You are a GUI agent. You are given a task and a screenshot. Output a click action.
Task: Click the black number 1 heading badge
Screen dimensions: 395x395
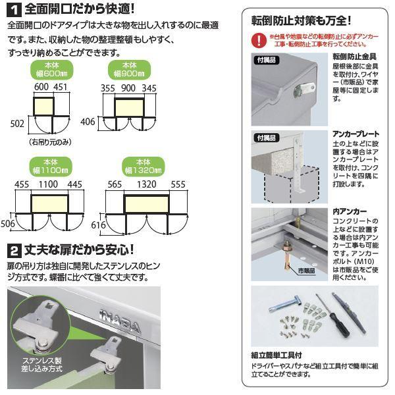tap(14, 9)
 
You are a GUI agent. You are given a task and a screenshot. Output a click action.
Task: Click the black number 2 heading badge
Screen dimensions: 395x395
tap(14, 250)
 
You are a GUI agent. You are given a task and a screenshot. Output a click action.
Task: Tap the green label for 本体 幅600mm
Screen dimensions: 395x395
tap(51, 70)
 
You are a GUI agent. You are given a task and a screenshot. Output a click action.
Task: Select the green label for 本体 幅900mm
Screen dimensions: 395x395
tap(128, 70)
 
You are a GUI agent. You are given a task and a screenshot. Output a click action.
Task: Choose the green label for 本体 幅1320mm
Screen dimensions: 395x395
tap(146, 165)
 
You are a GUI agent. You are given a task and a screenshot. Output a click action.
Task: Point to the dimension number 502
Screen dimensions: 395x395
tap(17, 123)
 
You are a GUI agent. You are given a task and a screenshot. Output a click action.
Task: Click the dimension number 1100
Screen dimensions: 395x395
tap(50, 185)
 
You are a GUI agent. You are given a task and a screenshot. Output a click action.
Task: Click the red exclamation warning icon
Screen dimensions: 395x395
tap(259, 39)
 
